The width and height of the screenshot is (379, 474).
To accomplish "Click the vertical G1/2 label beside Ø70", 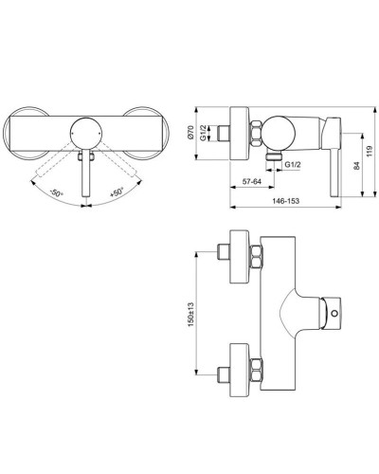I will click(x=218, y=121).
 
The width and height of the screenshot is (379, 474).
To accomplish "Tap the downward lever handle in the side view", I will click(x=334, y=161).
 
